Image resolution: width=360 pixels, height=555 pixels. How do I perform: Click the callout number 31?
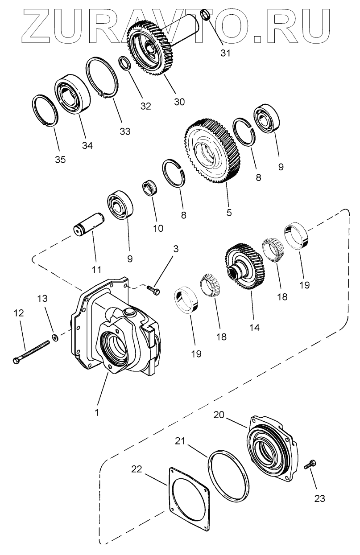point(226,53)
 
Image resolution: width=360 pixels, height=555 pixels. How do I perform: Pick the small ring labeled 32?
point(125,63)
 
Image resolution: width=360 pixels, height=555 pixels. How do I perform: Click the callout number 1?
point(96,413)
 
